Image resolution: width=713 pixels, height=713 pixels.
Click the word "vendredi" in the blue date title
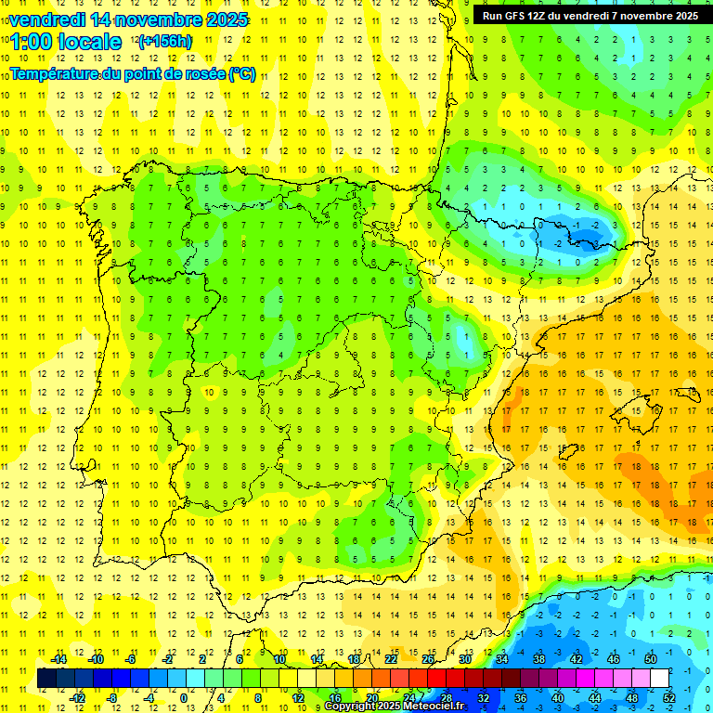tap(46, 19)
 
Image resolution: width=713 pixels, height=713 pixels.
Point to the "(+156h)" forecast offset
tap(165, 42)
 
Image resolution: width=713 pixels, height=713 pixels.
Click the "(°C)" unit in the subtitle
tap(241, 73)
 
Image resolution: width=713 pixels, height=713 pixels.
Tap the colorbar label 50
tap(650, 659)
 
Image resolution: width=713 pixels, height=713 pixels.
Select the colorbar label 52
tap(669, 698)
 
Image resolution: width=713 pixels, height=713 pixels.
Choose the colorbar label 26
tap(428, 659)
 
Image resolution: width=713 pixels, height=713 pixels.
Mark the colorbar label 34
tap(501, 659)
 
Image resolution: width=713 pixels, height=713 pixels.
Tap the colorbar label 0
tap(184, 698)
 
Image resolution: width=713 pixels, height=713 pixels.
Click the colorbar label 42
tap(576, 659)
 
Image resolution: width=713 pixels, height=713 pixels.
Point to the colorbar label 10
tap(279, 659)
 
